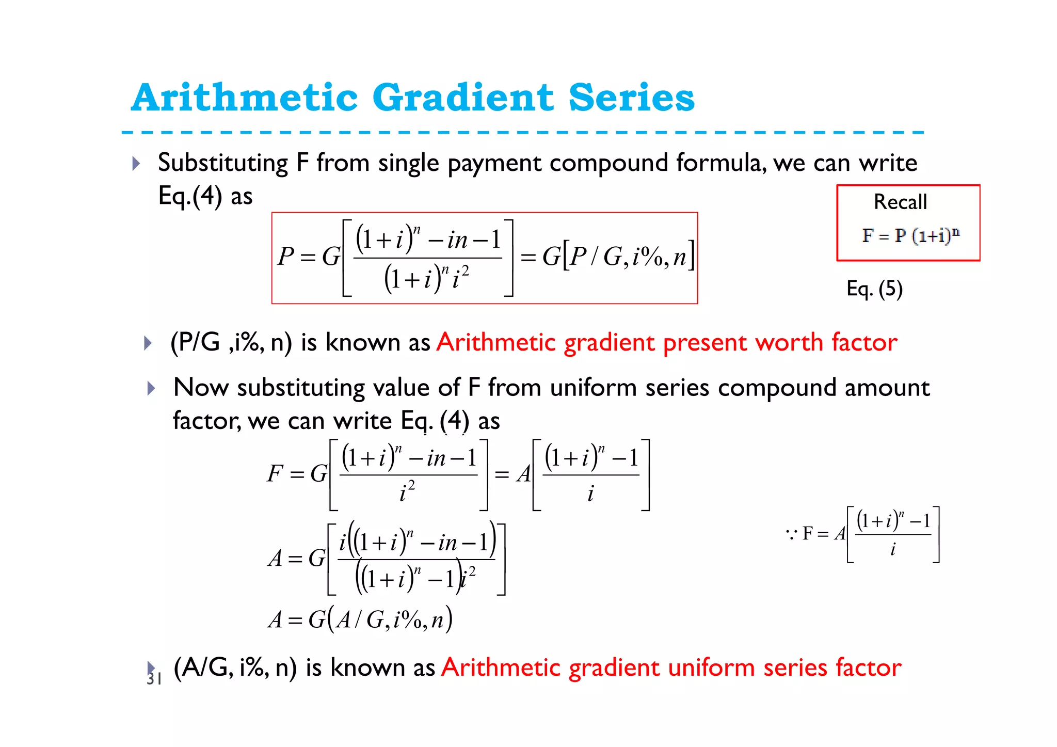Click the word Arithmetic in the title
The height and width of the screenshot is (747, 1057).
pos(244,98)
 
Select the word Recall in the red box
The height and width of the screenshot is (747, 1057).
pos(900,202)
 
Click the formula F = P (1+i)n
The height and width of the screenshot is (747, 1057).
pos(910,235)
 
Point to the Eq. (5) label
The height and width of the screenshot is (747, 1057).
pos(874,289)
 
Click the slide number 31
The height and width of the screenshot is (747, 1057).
pos(154,679)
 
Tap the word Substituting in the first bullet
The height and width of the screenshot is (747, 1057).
pos(223,163)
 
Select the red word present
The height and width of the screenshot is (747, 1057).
pos(705,343)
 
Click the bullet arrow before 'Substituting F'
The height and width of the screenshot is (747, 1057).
pos(136,164)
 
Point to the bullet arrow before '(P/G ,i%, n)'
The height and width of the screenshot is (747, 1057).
pos(148,343)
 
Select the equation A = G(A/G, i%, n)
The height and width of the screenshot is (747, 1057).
pos(360,619)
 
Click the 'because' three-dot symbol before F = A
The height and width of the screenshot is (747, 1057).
pos(791,533)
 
